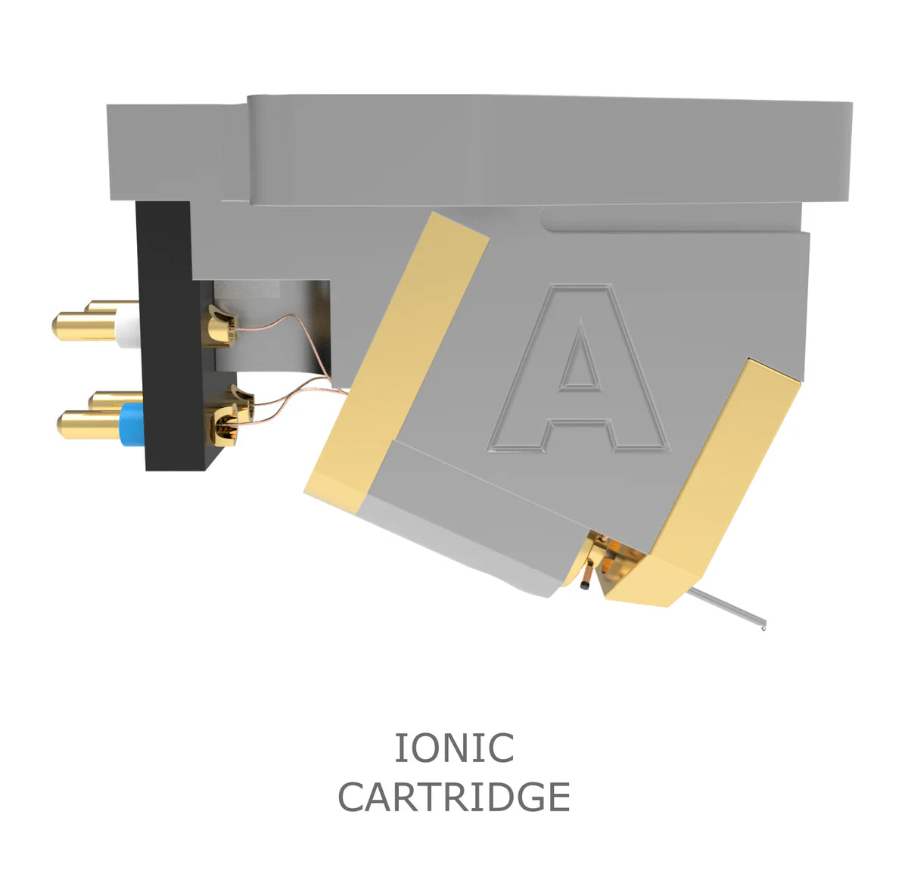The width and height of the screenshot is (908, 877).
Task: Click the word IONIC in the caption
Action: [454, 748]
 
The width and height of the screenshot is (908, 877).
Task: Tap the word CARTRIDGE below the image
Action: [454, 797]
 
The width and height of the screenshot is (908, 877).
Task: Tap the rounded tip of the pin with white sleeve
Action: [58, 327]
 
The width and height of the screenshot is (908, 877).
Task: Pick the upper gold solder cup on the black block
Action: [219, 321]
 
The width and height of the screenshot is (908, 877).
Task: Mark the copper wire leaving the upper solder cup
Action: [272, 325]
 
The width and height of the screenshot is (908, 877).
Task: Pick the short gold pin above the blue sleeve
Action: [113, 397]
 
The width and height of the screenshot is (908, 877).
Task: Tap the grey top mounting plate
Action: [530, 148]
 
